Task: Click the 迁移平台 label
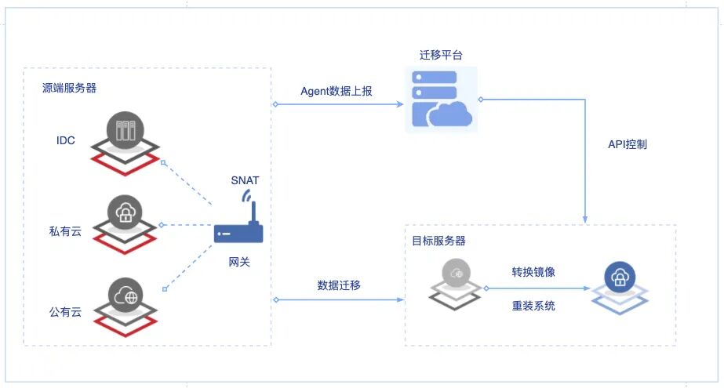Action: tap(442, 56)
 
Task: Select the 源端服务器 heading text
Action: tap(70, 88)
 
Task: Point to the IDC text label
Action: tap(66, 140)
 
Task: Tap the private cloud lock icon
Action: tap(125, 213)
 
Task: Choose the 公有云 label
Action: tap(65, 311)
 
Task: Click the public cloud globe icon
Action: tap(125, 296)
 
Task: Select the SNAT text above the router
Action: tap(245, 180)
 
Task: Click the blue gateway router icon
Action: tap(239, 230)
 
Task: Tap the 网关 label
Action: tap(240, 262)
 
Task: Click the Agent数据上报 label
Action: tap(337, 91)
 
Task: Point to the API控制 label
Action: tap(628, 144)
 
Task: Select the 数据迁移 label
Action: tap(339, 284)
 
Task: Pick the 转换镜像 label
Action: tap(534, 272)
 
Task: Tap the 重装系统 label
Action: tap(534, 306)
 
